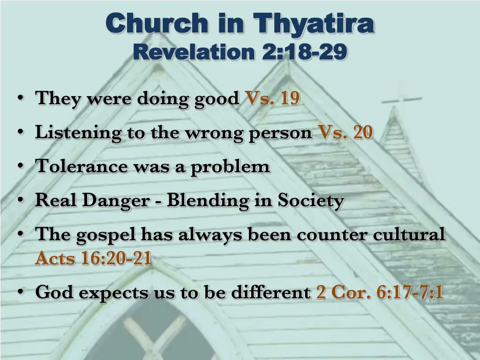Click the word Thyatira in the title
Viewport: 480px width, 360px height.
click(313, 23)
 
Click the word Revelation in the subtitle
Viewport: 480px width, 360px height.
click(193, 52)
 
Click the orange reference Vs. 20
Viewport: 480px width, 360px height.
click(345, 133)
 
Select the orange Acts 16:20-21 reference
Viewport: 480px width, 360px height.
click(93, 258)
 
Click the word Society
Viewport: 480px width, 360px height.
click(311, 201)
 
